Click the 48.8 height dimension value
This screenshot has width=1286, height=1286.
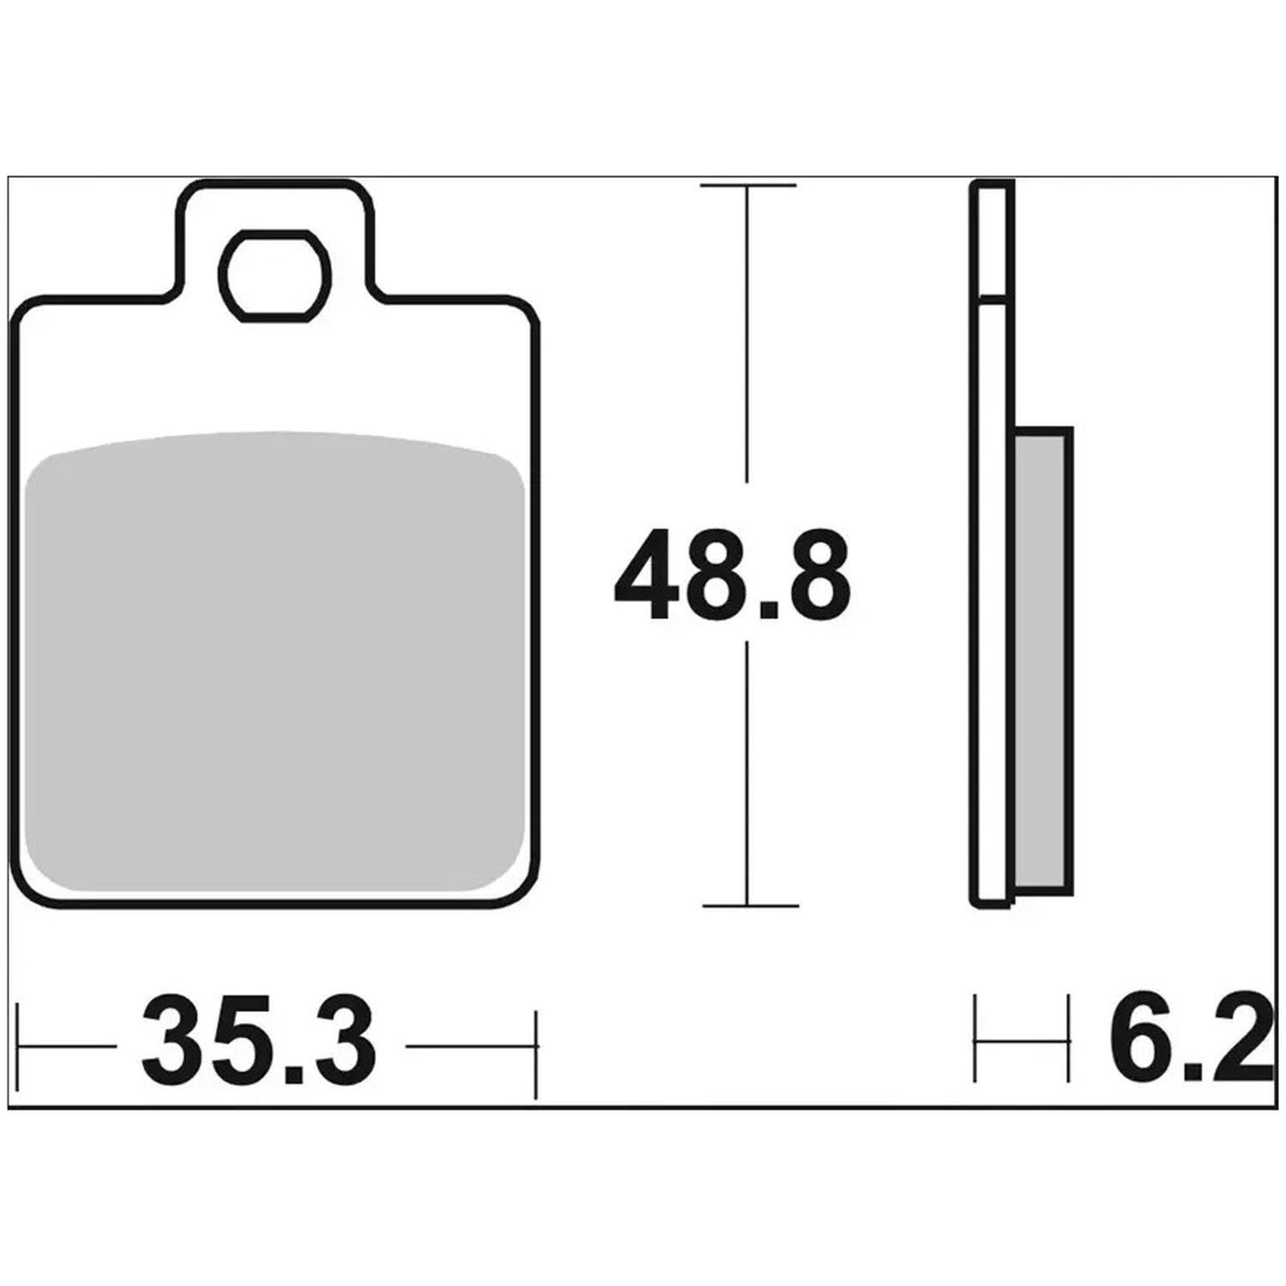(733, 574)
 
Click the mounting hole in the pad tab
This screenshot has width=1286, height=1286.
(274, 276)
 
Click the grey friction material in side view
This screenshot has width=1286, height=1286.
(1043, 660)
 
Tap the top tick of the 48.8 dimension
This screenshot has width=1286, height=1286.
(748, 185)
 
